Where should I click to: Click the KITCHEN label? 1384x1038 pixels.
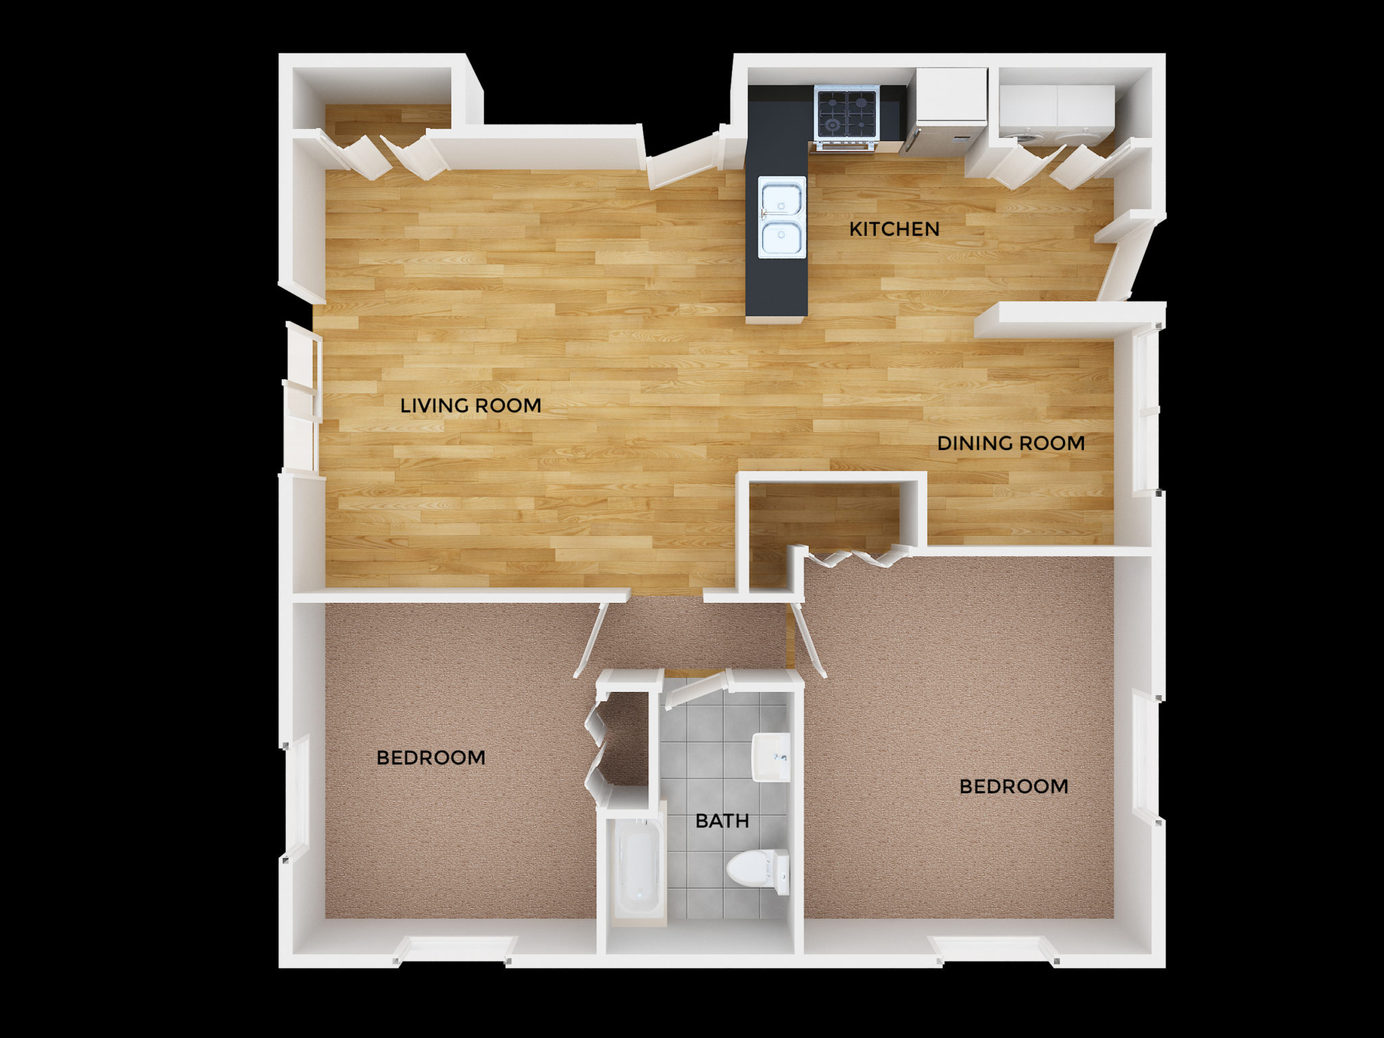894,229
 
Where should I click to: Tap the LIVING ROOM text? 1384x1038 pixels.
470,405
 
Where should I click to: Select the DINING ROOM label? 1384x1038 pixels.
1011,443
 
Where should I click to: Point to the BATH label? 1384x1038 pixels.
722,821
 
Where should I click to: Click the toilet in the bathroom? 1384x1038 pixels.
758,870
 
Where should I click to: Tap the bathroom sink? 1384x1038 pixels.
771,757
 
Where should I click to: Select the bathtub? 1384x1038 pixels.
639,870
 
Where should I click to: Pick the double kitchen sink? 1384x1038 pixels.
782,217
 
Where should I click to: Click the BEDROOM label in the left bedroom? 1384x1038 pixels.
430,758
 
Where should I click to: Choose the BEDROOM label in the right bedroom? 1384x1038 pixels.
1014,787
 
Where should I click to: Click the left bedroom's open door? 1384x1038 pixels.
591,639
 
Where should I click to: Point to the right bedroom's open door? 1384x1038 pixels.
808,639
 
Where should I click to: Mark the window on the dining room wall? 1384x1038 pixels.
1146,410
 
